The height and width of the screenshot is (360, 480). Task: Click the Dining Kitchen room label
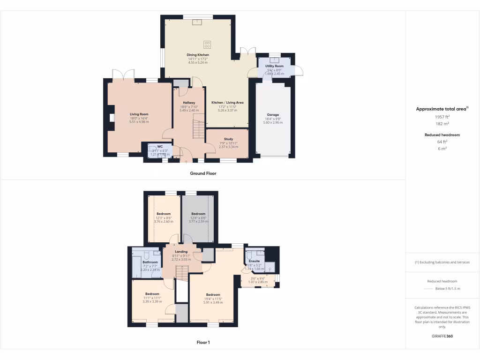(x=197, y=55)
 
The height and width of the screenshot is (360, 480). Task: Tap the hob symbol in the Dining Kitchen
(x=207, y=45)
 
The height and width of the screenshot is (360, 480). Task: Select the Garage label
(x=273, y=115)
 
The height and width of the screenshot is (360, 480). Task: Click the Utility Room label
(x=274, y=66)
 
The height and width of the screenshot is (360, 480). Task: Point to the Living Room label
(x=139, y=114)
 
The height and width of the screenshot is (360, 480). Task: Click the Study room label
(x=228, y=139)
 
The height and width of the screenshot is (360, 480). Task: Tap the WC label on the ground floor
(x=160, y=146)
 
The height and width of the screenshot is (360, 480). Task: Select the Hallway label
(x=189, y=103)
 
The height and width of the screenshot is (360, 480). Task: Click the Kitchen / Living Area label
(x=227, y=103)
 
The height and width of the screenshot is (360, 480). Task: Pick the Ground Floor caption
(x=203, y=173)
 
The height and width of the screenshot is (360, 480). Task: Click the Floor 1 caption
(x=203, y=343)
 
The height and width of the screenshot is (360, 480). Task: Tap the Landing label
(x=181, y=251)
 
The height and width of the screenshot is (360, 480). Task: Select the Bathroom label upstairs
(x=150, y=262)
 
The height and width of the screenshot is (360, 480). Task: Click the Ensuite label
(x=254, y=261)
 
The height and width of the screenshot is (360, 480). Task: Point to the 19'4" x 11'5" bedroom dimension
(x=213, y=299)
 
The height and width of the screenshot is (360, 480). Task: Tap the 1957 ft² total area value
(x=442, y=116)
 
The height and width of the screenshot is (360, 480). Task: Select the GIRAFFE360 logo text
(x=442, y=336)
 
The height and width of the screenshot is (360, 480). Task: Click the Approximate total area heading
(x=442, y=109)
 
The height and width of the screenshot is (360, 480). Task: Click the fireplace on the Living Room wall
(x=112, y=118)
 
